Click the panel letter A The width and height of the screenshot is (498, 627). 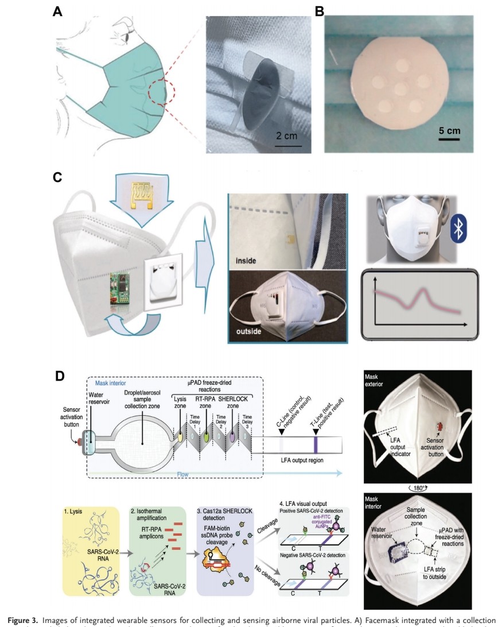click(57, 11)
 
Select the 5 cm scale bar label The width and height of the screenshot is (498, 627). click(449, 130)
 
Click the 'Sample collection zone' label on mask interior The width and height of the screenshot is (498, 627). click(417, 514)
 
